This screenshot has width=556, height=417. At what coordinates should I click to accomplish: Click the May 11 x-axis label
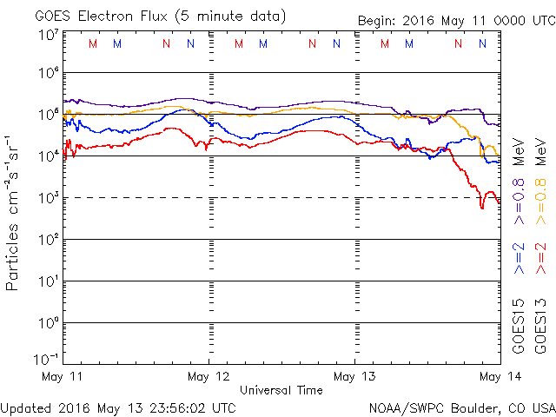point(62,376)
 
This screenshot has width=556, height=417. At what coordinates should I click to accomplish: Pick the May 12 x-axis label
point(208,376)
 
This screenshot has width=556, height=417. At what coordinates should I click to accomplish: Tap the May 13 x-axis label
point(354,376)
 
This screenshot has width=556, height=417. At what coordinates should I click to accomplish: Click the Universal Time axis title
point(281,390)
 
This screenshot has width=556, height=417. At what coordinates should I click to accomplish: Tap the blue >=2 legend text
point(519,258)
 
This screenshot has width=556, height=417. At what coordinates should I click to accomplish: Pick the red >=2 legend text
point(539,258)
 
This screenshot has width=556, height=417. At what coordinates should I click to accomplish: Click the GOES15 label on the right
point(519,326)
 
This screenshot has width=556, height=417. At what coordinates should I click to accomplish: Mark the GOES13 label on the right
point(539,326)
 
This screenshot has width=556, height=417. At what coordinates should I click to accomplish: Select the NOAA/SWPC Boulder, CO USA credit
point(461,407)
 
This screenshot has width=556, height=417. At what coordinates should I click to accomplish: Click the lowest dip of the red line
point(482,208)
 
